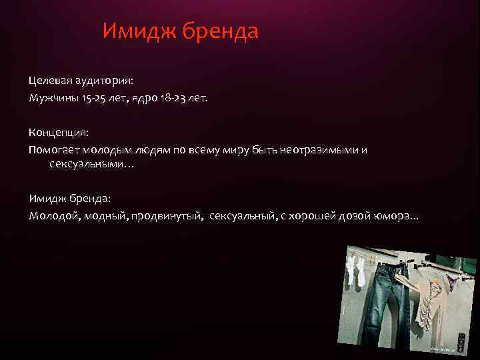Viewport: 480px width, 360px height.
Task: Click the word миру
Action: coord(238,150)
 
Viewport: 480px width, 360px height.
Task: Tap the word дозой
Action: coord(346,217)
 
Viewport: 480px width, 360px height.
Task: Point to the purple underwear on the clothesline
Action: coord(449,283)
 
